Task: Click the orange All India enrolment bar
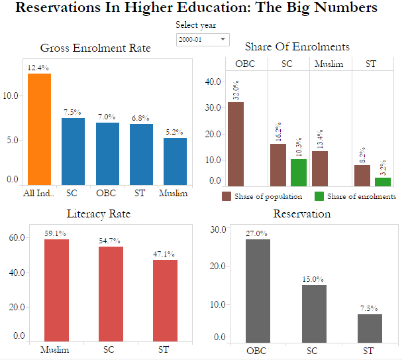click(39, 129)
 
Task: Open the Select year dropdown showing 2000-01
click(203, 40)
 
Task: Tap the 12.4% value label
click(38, 68)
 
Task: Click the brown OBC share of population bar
click(236, 144)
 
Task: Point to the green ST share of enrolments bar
click(383, 182)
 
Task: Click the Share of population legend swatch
click(227, 196)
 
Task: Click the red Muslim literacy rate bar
click(56, 290)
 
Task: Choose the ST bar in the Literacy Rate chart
click(165, 300)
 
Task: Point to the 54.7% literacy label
click(111, 241)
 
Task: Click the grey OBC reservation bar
click(258, 290)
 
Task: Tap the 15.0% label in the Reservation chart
click(314, 280)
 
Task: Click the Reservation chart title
click(302, 214)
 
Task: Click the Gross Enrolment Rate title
click(95, 48)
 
